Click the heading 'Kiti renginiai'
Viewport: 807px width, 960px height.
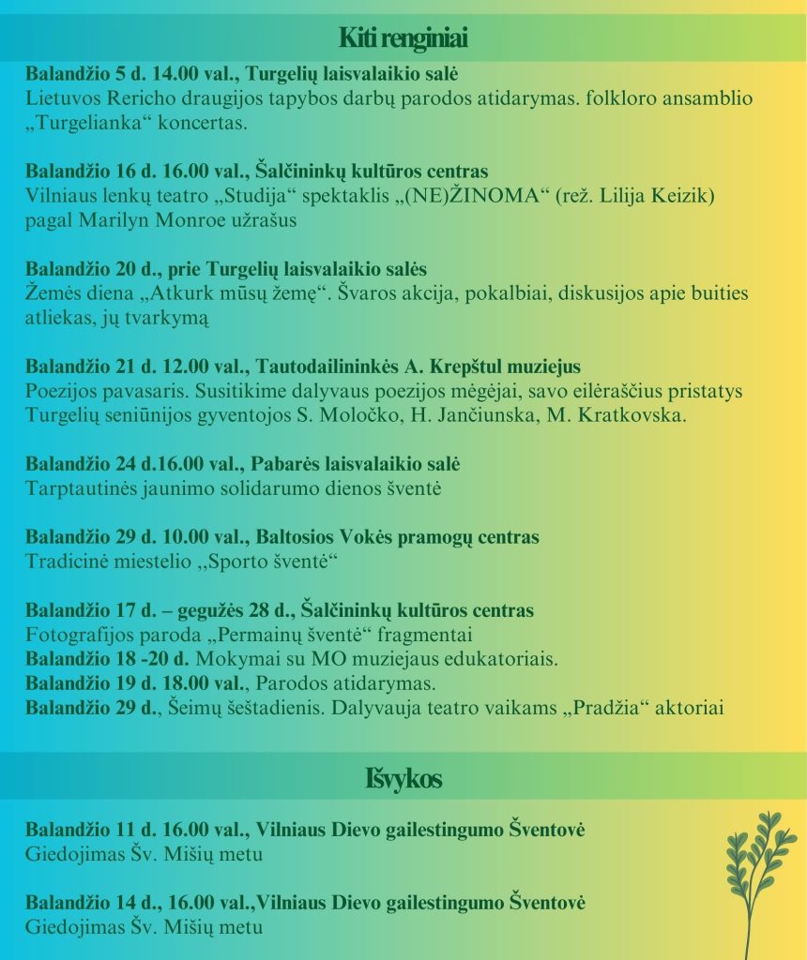(403, 39)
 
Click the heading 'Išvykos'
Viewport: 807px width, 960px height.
(403, 778)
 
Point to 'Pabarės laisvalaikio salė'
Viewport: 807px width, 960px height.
(358, 464)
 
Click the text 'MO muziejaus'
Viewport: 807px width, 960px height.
(328, 659)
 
